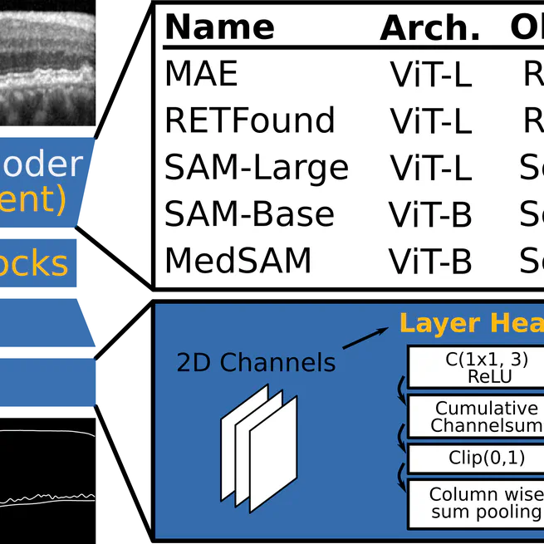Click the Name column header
click(219, 27)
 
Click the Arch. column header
click(429, 29)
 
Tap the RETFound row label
click(250, 120)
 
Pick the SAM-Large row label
click(257, 169)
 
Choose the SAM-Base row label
click(249, 215)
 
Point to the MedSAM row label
click(238, 261)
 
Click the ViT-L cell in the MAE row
click(430, 76)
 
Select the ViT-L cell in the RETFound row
click(430, 122)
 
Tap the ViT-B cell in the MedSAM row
click(430, 262)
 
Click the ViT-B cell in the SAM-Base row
click(430, 216)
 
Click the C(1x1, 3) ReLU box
click(475, 367)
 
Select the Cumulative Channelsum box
click(475, 417)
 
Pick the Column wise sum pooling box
click(475, 503)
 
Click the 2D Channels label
click(256, 362)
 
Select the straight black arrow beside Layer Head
click(365, 337)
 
